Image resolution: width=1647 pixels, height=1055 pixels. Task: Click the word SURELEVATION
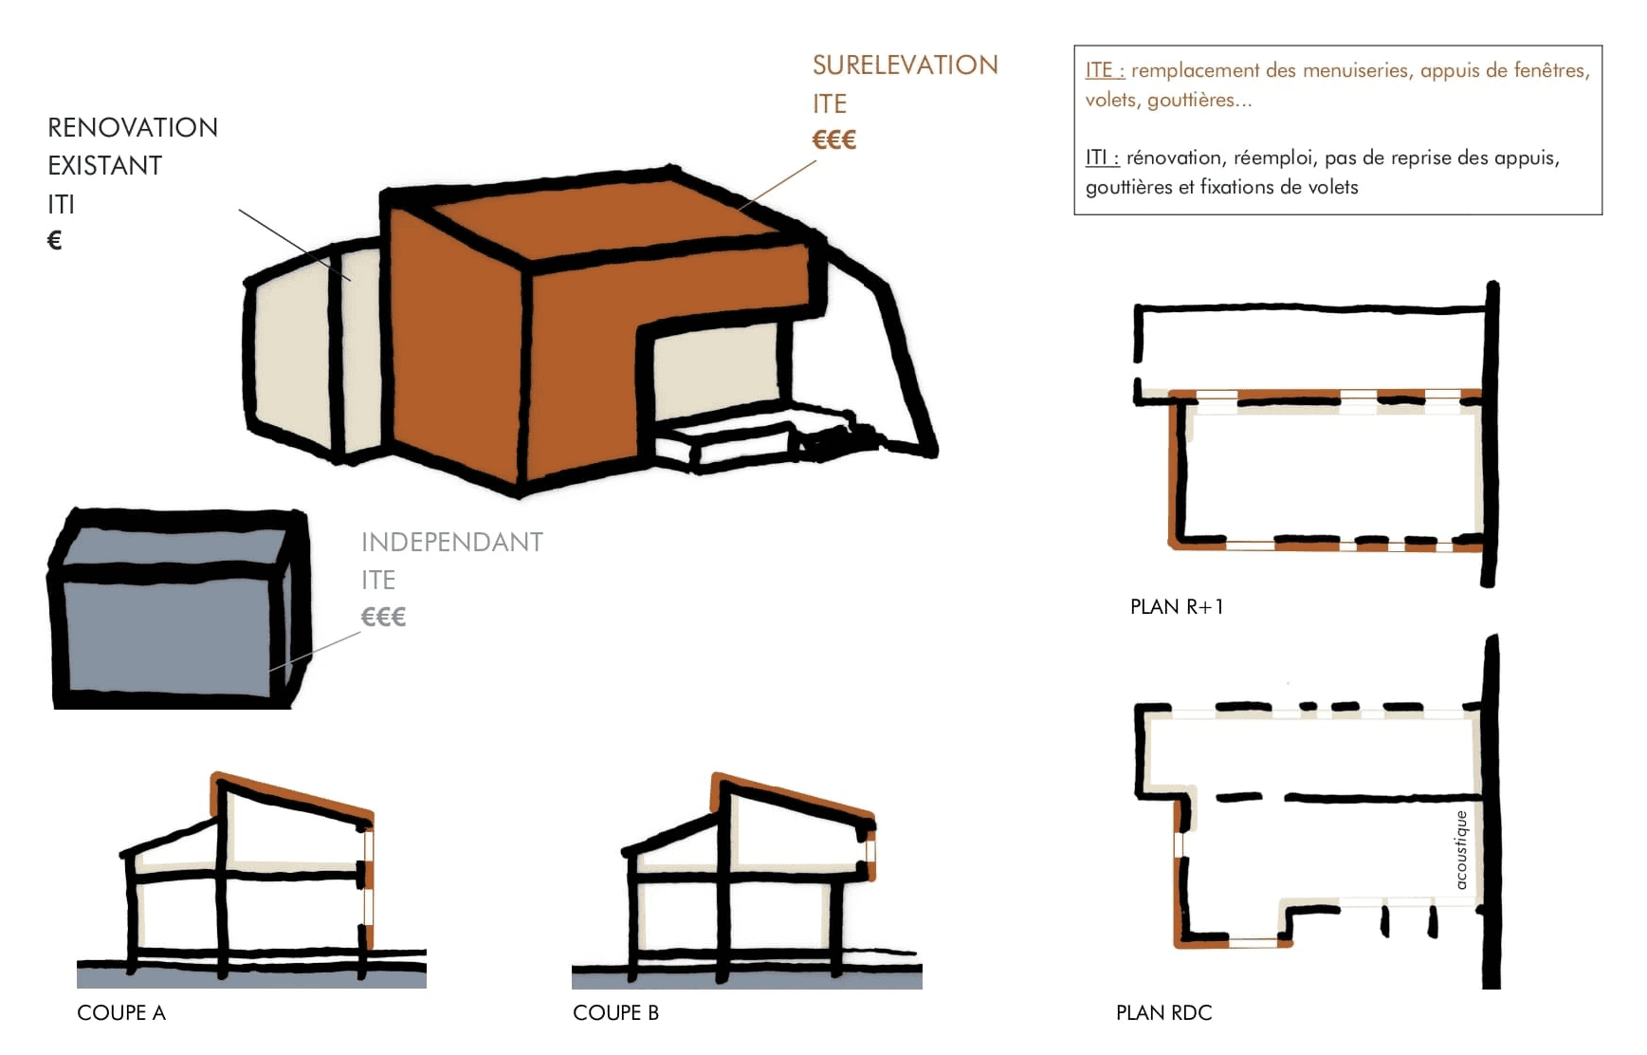point(905,65)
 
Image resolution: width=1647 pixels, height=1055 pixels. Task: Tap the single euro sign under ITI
point(55,241)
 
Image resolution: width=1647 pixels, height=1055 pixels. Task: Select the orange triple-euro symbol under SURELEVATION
point(833,140)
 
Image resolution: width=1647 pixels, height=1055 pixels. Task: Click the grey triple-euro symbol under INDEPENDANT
point(383,618)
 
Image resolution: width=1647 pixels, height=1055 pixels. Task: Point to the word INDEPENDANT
point(451,542)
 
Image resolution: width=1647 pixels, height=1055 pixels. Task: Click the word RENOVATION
point(133,127)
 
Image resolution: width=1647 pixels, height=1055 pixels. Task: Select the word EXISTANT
point(104,165)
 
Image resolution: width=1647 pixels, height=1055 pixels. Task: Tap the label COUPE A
point(121,1012)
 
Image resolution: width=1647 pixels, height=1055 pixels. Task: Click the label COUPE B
point(615,1012)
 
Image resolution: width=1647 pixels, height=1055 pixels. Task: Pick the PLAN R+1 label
point(1176,606)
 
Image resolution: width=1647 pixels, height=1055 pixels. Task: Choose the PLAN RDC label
point(1163,1012)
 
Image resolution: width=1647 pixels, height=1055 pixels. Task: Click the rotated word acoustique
point(1461,850)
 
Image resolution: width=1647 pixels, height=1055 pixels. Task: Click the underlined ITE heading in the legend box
point(1104,70)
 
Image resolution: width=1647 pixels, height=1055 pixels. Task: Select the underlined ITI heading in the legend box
point(1101,157)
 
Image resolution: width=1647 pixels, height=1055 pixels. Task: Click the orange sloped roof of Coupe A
point(294,793)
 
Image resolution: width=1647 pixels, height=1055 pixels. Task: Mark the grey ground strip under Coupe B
point(746,981)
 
